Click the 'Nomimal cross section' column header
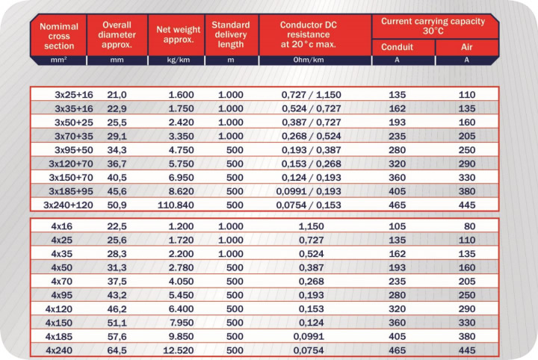[59, 36]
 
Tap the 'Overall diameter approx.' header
[117, 34]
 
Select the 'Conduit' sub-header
[397, 47]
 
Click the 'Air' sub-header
[466, 47]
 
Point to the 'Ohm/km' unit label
[308, 60]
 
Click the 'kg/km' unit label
[178, 60]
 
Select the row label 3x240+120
[68, 205]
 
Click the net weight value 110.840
[176, 205]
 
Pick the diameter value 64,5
[117, 350]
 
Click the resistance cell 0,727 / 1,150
[311, 95]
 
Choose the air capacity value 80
[470, 226]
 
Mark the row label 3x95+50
[74, 150]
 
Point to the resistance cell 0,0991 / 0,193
[309, 191]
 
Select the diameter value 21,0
[117, 95]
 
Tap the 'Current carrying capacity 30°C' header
[433, 26]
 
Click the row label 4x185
[59, 337]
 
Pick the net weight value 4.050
[181, 282]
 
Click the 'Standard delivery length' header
[231, 34]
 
